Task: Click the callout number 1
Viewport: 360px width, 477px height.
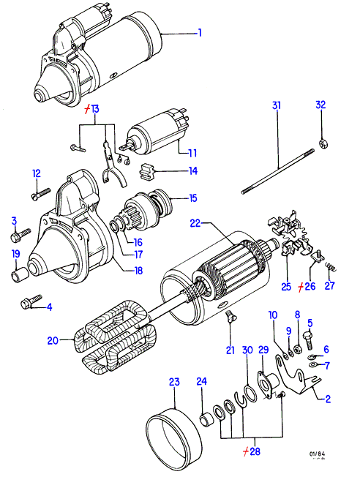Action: click(x=200, y=32)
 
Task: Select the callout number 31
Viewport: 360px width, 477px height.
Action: click(x=277, y=105)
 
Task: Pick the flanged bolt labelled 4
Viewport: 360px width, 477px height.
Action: click(x=31, y=301)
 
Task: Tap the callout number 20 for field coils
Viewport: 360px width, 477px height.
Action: click(x=53, y=340)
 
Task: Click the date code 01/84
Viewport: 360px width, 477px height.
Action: click(x=318, y=454)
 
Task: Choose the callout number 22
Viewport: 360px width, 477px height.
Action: click(x=195, y=223)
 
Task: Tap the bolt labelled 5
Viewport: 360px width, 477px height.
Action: click(x=309, y=339)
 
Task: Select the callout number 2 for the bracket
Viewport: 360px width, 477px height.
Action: click(x=328, y=399)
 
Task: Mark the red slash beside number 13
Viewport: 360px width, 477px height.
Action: click(x=87, y=109)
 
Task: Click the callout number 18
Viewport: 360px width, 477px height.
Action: click(x=138, y=271)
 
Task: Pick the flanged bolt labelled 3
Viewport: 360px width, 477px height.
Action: click(x=20, y=236)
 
